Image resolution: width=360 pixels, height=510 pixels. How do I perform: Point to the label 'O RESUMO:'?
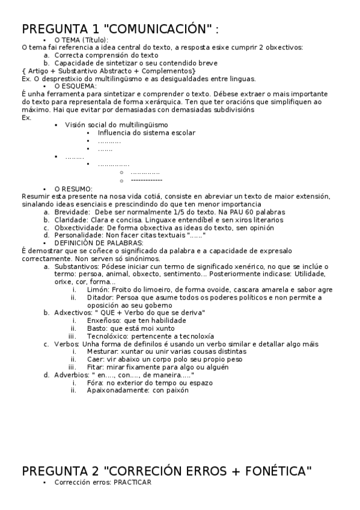[x=73, y=189]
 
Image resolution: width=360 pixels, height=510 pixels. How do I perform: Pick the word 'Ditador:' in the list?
[x=100, y=297]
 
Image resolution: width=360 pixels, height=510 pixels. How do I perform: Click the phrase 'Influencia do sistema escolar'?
[x=146, y=132]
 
